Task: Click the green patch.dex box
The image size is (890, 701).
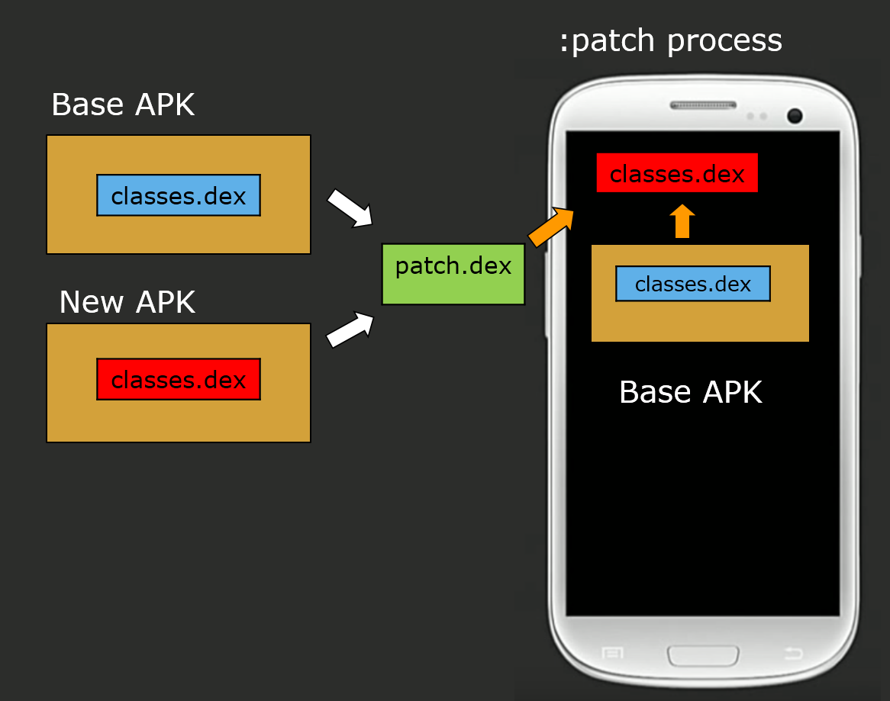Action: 453,275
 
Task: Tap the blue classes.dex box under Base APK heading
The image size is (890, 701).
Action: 179,195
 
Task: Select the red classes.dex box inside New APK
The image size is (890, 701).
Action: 179,379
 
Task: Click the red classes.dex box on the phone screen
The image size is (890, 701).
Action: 677,173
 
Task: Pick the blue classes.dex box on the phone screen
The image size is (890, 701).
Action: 693,284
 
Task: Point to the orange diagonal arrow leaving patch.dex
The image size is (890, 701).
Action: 550,227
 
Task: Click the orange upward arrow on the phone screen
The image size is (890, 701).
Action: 682,221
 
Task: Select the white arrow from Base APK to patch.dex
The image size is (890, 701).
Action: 350,208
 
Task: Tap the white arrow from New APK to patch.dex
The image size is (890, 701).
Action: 350,330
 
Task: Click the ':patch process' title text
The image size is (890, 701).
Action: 670,40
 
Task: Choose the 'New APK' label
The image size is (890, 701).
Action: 127,302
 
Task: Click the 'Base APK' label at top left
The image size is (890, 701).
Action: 123,105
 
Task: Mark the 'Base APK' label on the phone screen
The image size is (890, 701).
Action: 691,392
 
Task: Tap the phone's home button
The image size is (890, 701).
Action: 703,655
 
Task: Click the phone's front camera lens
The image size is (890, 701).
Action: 795,116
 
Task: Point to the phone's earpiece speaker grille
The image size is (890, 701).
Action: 703,105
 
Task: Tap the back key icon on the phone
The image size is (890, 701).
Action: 794,653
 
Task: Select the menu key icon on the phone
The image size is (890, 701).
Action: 612,653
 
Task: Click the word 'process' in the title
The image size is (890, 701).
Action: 724,40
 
